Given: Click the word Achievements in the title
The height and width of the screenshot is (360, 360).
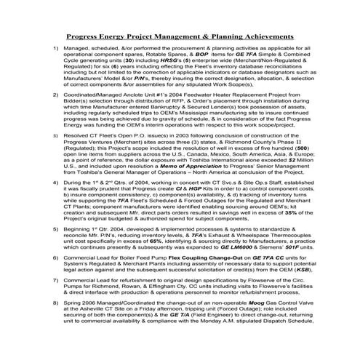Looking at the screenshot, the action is pos(263,34).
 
